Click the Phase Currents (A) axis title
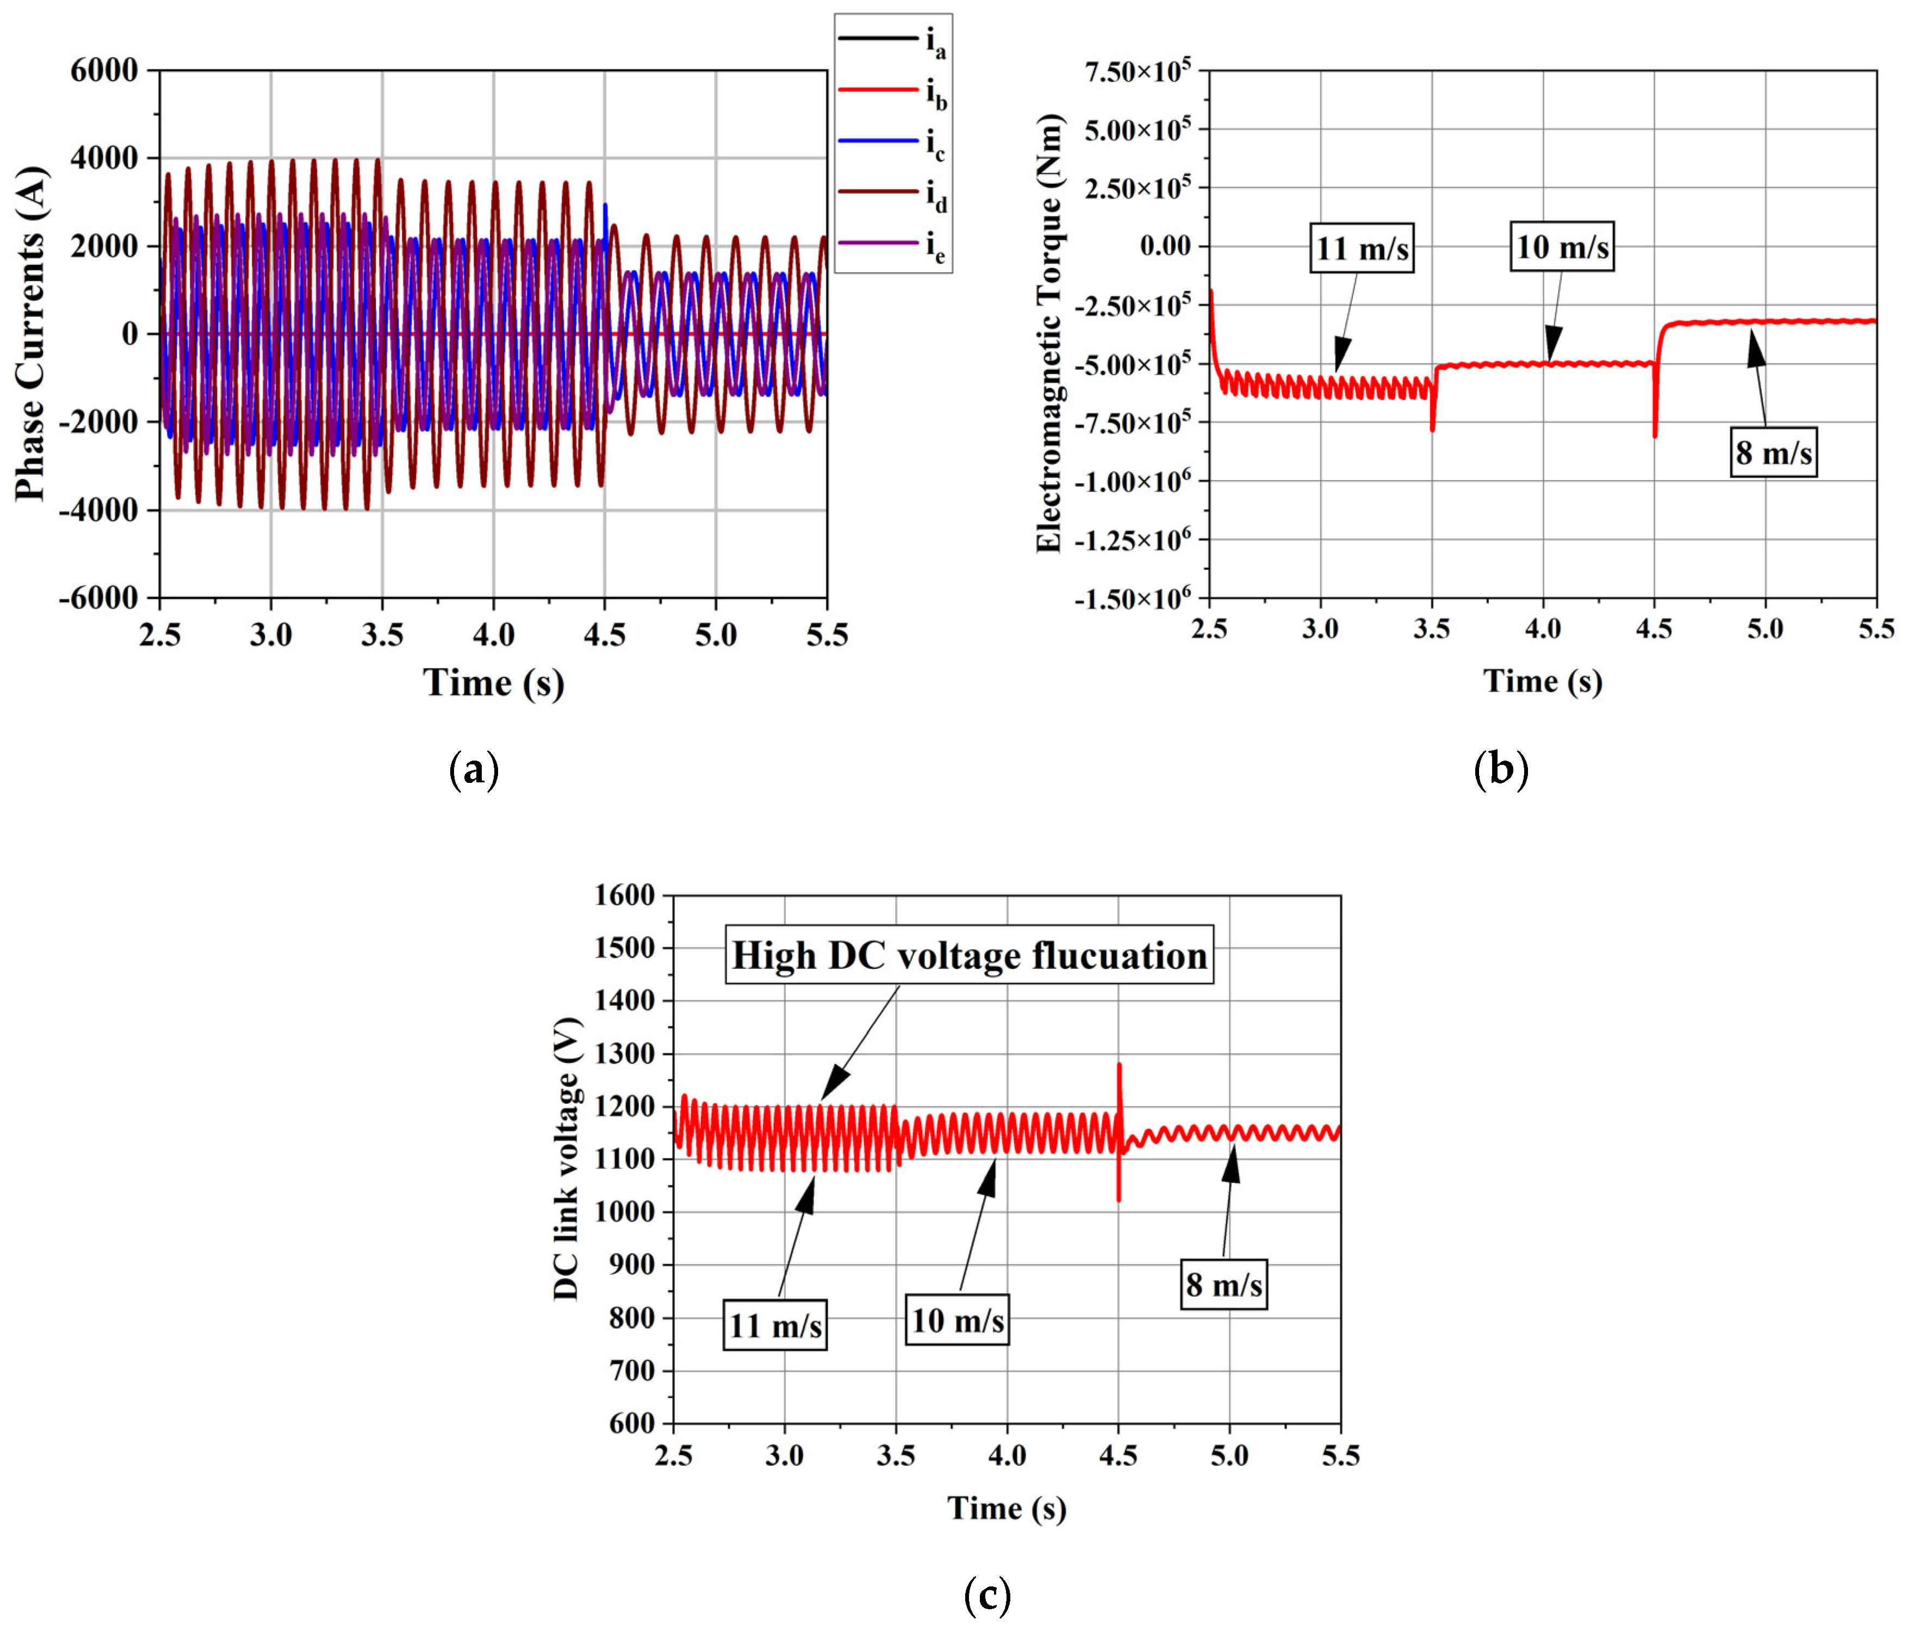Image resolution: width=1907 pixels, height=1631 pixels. pos(32,333)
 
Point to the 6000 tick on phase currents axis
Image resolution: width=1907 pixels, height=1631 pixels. pos(104,70)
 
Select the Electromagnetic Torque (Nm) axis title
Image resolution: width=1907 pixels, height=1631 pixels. pos(1049,333)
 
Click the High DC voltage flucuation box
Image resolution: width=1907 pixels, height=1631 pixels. pos(969,955)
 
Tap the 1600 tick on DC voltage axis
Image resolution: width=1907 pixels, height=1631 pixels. pos(624,895)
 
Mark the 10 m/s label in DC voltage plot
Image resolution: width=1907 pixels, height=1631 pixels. pos(957,1320)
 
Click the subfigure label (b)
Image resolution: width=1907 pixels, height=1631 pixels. pos(1500,769)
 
